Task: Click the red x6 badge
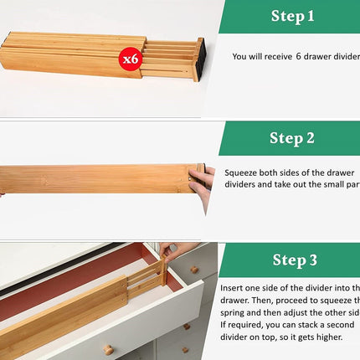click(x=130, y=59)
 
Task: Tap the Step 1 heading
click(x=292, y=16)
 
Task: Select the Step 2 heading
click(x=292, y=138)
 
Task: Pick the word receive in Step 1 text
click(x=276, y=57)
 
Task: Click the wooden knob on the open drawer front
click(x=108, y=347)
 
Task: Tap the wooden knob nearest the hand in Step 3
click(x=194, y=269)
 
